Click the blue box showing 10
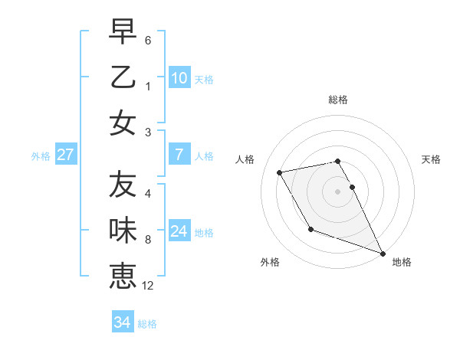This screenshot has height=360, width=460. point(179,78)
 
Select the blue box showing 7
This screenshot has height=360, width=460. point(179,155)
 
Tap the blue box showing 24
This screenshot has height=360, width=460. point(179,231)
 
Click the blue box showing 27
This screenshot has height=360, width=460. point(66,155)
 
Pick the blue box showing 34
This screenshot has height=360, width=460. point(122,322)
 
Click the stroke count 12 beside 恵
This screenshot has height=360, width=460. point(148,286)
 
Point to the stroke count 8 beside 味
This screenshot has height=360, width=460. point(148,240)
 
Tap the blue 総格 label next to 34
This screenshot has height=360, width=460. point(147,324)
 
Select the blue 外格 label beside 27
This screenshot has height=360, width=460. point(41,156)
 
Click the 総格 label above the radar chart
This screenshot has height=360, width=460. point(338,100)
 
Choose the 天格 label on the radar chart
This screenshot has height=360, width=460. point(432,159)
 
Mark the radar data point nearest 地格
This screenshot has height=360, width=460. point(382,253)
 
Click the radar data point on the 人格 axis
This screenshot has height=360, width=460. point(280,172)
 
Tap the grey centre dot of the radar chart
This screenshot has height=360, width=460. point(338,191)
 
